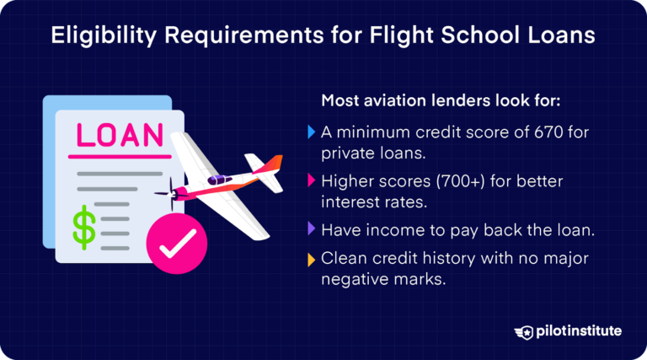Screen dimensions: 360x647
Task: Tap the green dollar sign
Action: point(83,228)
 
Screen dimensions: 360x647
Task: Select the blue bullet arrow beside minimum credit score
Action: point(312,132)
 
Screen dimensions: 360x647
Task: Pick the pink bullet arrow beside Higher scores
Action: point(312,181)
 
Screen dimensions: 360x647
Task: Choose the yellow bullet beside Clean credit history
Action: point(312,258)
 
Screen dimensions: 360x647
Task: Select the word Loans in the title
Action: point(562,36)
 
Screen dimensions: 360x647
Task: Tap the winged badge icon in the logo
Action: point(528,331)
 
